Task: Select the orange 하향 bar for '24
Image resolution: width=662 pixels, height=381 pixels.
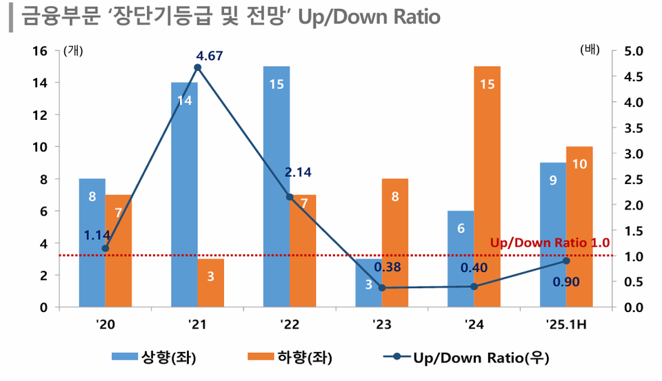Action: coord(487,186)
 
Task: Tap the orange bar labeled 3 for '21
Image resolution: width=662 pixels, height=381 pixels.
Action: coord(211,282)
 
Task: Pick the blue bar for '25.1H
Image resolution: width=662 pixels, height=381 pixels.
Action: coord(552,234)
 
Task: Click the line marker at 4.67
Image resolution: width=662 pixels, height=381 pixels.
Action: coord(198,68)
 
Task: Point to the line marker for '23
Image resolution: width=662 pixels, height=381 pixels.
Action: coord(382,287)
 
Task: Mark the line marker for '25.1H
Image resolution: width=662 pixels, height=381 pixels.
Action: coord(566,260)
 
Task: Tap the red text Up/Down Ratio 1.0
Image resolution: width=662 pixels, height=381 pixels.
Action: coord(550,243)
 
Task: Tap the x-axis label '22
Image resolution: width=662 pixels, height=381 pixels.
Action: coord(290,323)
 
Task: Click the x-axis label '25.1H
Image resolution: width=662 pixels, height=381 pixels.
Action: coord(565,323)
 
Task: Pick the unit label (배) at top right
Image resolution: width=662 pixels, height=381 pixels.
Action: coord(590,50)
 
